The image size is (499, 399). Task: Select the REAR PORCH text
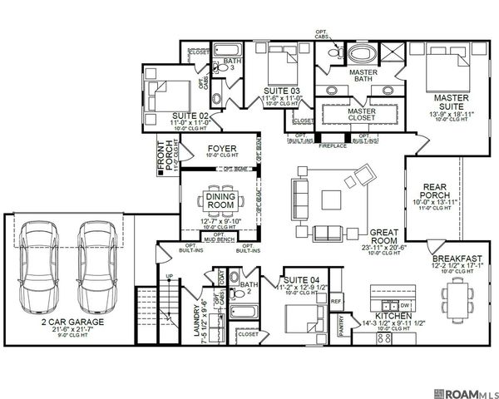pyautogui.click(x=437, y=192)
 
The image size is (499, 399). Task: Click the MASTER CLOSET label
pyautogui.click(x=362, y=115)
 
